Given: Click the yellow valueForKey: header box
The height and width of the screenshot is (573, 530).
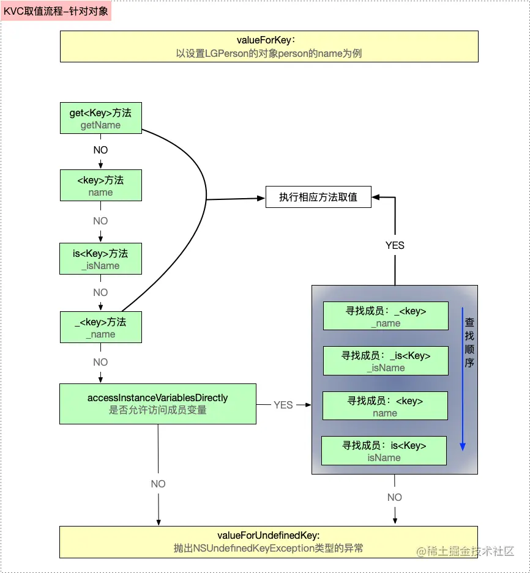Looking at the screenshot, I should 269,46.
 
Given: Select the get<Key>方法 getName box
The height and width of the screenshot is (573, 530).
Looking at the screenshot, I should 100,118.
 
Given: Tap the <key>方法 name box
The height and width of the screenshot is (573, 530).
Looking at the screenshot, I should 100,185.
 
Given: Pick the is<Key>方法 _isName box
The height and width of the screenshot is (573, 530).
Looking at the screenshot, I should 100,259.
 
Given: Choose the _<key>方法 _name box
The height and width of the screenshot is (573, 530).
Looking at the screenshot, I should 100,327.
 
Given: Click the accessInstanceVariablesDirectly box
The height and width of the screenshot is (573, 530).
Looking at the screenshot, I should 157,404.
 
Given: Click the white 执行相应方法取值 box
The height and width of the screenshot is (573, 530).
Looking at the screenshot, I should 318,197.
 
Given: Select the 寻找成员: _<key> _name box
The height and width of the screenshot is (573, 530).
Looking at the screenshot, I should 385,316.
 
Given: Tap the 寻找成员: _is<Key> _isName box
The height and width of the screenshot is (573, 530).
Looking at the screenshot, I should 385,361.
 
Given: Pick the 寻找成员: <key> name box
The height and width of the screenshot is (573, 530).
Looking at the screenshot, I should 385,406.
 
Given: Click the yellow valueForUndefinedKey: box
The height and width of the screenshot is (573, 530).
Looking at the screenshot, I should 269,541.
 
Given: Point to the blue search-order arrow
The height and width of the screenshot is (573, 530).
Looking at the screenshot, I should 463,379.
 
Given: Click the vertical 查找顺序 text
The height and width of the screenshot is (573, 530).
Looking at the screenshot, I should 469,342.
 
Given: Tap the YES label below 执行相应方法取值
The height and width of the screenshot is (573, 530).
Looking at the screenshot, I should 395,245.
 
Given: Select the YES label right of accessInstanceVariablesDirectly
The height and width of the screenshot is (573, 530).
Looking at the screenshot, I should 283,405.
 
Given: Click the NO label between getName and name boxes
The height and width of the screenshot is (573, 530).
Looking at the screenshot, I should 100,150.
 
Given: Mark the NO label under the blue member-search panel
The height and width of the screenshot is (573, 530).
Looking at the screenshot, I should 395,497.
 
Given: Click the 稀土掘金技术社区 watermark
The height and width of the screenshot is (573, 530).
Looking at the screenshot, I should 466,551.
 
